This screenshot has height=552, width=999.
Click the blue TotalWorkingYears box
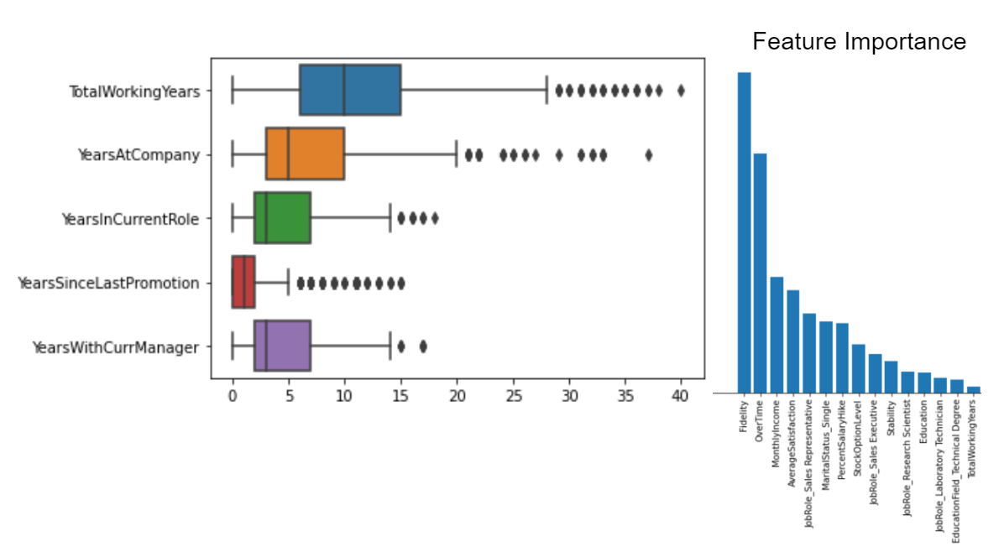point(350,90)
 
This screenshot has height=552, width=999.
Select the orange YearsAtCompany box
point(305,154)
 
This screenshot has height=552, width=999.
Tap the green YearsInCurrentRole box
point(282,218)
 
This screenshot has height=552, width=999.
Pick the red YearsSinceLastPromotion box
point(243,283)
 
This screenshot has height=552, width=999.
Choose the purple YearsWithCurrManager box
point(282,346)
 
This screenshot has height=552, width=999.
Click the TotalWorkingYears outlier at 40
point(681,90)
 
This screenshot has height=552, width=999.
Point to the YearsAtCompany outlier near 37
point(648,154)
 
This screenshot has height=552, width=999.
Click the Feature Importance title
point(859,41)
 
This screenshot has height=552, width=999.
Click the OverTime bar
point(761,273)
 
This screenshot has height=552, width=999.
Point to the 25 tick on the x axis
point(512,395)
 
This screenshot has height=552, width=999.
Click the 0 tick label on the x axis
point(233,395)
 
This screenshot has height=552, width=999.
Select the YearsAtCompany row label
point(139,154)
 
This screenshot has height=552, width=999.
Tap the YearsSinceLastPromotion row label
point(108,283)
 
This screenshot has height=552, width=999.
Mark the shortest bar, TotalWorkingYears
point(973,388)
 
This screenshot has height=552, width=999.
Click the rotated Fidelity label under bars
point(744,416)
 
